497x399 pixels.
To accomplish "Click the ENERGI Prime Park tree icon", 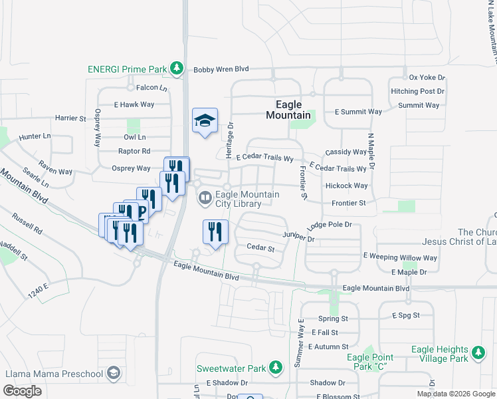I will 176,68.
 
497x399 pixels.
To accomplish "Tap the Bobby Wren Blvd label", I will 221,69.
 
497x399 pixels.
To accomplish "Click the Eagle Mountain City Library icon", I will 205,198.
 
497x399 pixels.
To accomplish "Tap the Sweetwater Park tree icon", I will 275,368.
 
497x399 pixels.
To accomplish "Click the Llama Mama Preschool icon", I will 114,372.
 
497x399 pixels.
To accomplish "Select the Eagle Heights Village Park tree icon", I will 477,353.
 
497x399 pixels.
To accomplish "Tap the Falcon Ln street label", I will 151,88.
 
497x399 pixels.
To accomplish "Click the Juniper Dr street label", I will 298,237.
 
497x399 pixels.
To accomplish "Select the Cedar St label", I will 260,248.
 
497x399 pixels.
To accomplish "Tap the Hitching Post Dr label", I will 418,91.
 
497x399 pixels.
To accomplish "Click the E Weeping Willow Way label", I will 400,257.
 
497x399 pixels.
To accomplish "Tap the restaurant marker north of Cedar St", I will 215,231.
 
